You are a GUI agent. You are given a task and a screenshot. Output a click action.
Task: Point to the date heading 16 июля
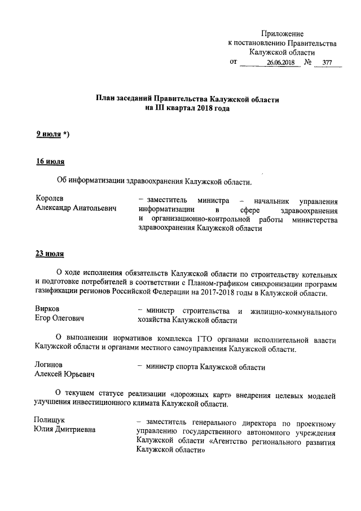click(50, 163)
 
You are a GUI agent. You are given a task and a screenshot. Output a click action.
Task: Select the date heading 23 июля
click(50, 253)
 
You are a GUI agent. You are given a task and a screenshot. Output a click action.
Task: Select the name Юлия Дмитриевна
click(65, 431)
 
